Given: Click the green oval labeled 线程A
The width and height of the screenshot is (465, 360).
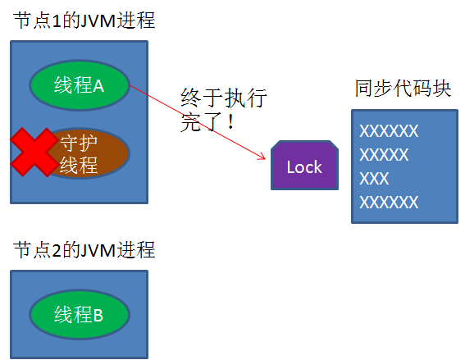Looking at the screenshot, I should click(79, 85).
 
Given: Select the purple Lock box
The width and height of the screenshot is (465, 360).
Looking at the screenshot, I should click(304, 166).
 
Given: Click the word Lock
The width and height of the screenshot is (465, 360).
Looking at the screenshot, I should click(304, 167).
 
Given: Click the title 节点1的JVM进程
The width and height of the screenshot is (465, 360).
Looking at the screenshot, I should click(84, 21).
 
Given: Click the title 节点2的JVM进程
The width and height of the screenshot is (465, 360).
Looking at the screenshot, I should click(84, 249).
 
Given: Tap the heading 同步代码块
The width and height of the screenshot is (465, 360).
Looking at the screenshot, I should click(403, 89).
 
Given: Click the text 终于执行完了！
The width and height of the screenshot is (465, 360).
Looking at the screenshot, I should click(223, 112).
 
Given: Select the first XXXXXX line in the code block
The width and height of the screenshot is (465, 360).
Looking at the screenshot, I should click(390, 131).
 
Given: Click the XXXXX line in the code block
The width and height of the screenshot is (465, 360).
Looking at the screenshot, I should click(385, 155).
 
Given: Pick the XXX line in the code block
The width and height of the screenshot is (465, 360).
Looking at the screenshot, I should click(375, 178).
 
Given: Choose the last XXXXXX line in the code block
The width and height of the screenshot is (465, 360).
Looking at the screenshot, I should click(390, 202).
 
